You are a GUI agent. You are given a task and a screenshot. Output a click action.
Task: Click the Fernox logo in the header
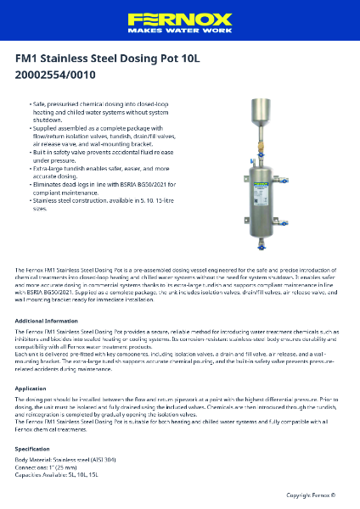179,18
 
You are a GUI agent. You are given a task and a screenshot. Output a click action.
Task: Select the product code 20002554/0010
55,75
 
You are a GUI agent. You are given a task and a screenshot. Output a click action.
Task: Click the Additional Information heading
47,321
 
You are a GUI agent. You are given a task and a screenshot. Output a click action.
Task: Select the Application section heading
31,388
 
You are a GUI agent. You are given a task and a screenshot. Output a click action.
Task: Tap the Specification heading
33,448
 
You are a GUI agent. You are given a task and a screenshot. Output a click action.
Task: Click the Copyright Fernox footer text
311,495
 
